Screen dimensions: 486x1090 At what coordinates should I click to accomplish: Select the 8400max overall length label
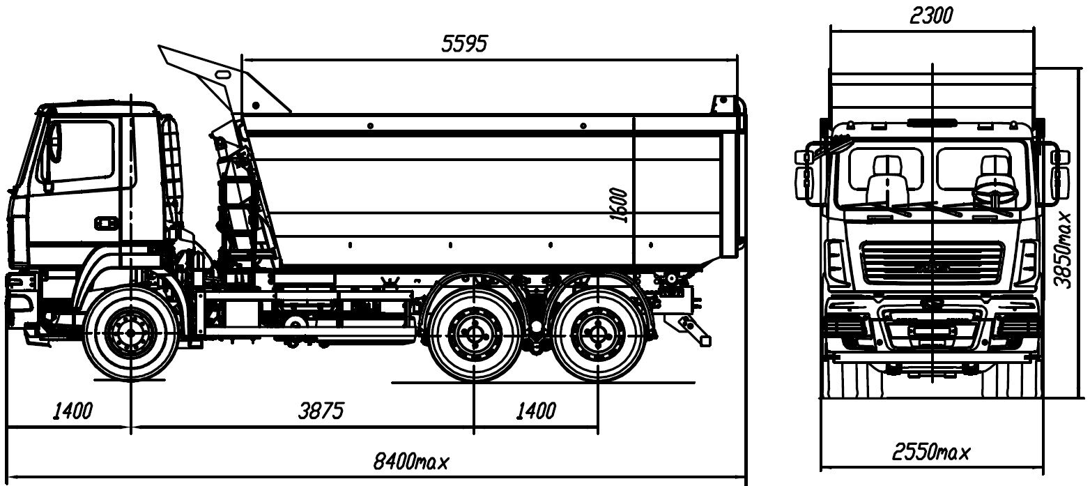tap(411, 461)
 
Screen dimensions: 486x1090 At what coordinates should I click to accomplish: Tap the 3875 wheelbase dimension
tap(321, 411)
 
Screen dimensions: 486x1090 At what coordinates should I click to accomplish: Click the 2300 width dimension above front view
tap(931, 15)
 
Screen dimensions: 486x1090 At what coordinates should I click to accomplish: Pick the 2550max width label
tap(931, 453)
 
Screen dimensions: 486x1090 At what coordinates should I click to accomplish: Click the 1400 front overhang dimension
tap(72, 411)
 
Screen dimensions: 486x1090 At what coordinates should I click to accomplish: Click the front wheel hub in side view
tap(130, 334)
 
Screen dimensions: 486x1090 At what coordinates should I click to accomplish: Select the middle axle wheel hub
tap(475, 333)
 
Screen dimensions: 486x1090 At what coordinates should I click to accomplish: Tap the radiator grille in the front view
tap(932, 264)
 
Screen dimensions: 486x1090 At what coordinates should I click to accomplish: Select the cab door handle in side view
tap(106, 222)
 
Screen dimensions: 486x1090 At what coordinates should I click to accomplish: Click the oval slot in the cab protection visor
tap(224, 74)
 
